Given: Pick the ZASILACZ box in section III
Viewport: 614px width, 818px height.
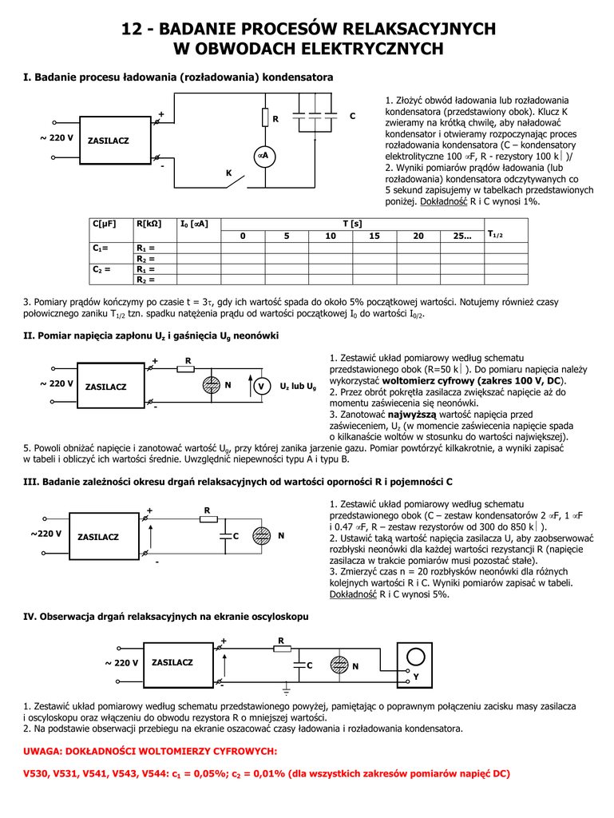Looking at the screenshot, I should pos(99,536).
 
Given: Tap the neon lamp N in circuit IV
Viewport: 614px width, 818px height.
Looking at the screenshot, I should pos(339,665).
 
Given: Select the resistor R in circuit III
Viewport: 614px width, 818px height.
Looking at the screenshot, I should pos(208,518).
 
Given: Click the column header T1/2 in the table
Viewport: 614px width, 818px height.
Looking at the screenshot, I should pos(495,234).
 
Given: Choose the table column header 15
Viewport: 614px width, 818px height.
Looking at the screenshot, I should pos(374,236).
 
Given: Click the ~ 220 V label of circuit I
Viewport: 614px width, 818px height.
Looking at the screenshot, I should pos(56,138).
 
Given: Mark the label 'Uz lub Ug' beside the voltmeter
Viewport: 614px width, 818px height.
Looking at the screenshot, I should pos(299,387).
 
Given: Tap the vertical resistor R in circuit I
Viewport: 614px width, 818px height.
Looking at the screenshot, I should pos(264,118).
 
